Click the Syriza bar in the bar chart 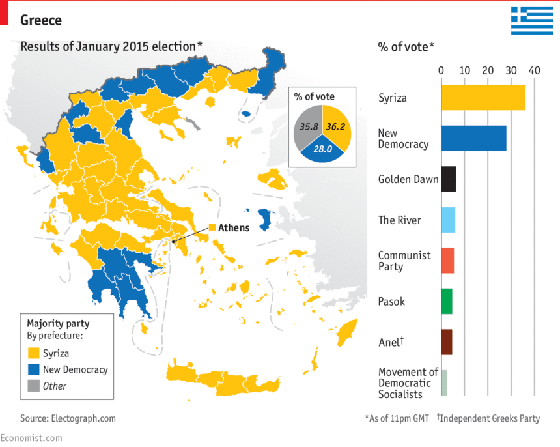click(483, 98)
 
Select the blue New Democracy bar click(473, 138)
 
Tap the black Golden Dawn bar click(448, 179)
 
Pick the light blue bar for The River click(448, 220)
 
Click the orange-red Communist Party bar click(447, 260)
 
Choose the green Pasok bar click(446, 301)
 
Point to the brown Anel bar click(446, 341)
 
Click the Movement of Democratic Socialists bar click(444, 382)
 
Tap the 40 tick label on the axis click(535, 70)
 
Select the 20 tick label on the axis click(488, 70)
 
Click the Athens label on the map click(233, 227)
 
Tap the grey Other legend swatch click(34, 386)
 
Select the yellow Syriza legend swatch click(34, 354)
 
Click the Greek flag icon click(531, 20)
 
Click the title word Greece click(41, 20)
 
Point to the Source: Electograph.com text click(68, 418)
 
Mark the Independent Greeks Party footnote click(488, 418)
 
